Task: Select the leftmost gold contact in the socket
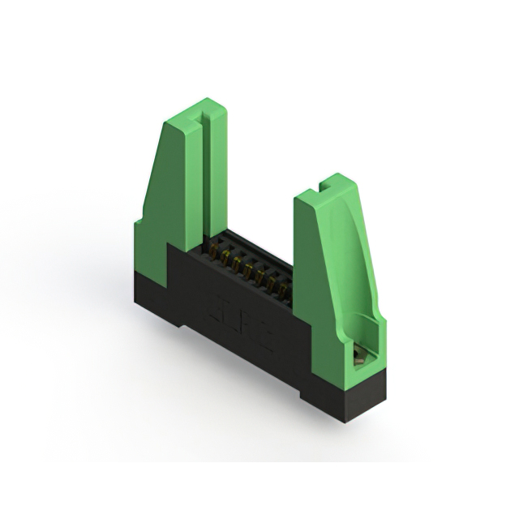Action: [x=213, y=251]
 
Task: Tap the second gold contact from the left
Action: [x=225, y=258]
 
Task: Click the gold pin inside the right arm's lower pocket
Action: [x=358, y=353]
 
